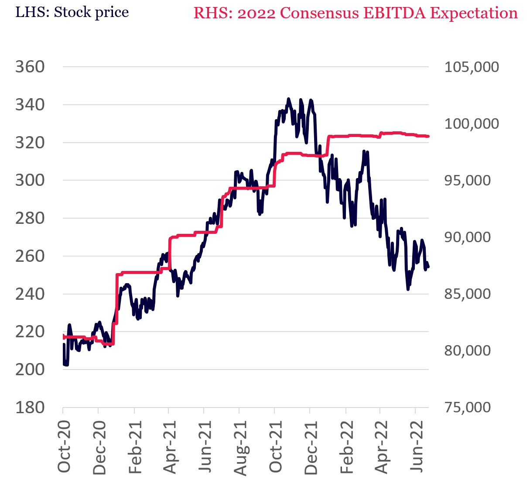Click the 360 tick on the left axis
[30, 67]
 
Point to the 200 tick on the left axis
[30, 370]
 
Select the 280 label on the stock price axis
[30, 218]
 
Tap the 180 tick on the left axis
[30, 408]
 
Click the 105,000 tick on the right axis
[472, 67]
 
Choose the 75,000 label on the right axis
[467, 408]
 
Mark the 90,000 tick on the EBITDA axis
[467, 237]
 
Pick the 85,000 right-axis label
[467, 294]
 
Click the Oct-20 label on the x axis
[64, 446]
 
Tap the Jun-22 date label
[418, 446]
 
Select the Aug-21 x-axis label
[240, 446]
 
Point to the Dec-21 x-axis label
[311, 446]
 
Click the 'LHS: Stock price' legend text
[72, 12]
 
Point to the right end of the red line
[429, 137]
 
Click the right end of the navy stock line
[429, 267]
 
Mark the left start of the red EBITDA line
[64, 337]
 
